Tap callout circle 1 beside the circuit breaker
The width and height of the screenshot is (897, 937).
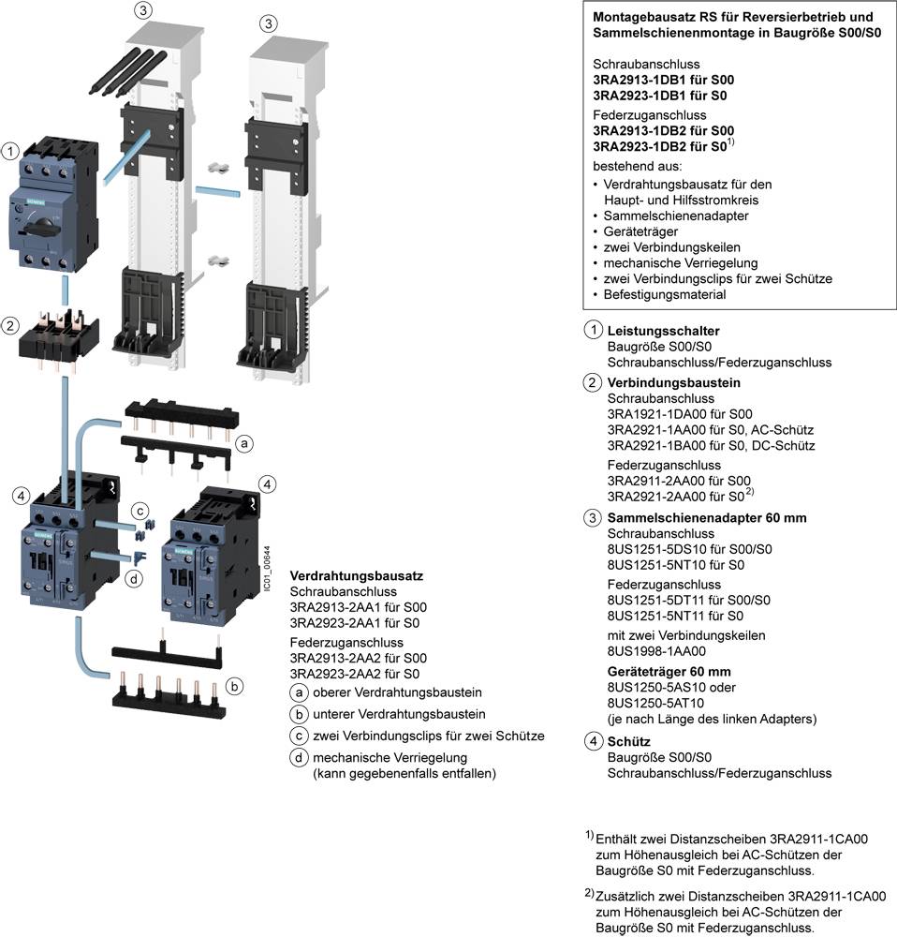click(x=10, y=151)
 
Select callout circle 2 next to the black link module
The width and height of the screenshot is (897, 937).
click(x=10, y=326)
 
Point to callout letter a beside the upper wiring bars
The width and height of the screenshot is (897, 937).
click(x=243, y=443)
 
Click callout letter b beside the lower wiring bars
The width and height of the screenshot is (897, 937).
click(x=235, y=687)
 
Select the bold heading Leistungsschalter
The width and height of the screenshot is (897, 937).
click(x=663, y=332)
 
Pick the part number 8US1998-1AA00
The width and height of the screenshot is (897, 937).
click(x=656, y=650)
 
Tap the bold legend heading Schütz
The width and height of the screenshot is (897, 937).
click(x=628, y=741)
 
